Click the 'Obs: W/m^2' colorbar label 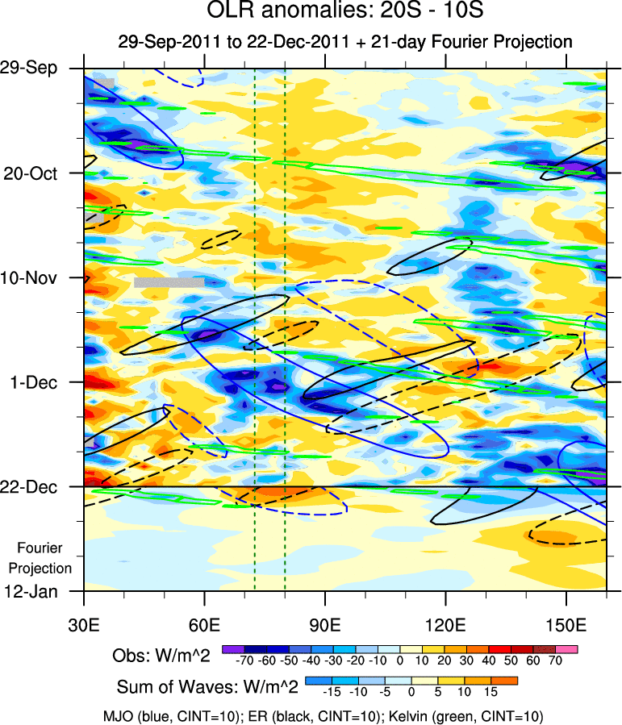[161, 656]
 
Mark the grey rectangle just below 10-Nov [169, 282]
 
